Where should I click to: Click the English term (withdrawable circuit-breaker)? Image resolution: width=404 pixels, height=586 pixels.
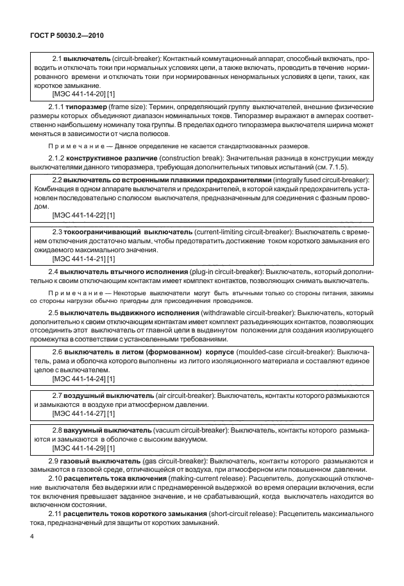(x=248, y=313)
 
